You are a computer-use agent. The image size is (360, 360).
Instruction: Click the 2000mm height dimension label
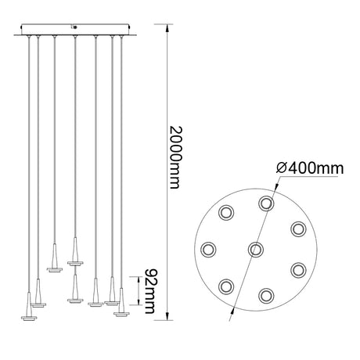tap(175, 157)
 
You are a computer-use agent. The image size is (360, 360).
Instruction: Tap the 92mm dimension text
tap(150, 291)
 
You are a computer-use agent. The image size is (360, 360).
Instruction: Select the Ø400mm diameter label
tap(310, 168)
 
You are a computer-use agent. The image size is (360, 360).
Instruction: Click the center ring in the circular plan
tap(256, 250)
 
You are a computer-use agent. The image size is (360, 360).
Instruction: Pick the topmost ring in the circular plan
tap(266, 203)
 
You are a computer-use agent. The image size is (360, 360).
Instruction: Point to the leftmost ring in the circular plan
tap(208, 250)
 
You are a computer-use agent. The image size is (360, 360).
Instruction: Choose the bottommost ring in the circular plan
tap(266, 296)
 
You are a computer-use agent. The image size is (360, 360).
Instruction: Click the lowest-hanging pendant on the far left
tap(29, 307)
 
